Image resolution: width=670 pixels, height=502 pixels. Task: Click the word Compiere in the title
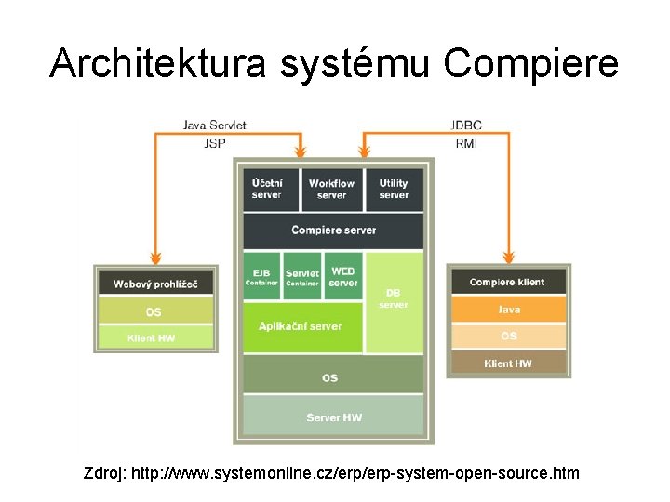(530, 63)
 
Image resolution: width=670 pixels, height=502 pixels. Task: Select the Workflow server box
(331, 190)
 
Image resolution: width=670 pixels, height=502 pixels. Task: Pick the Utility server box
(394, 190)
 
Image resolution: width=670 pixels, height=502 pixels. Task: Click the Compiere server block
(332, 231)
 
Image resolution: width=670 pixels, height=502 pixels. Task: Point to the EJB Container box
(261, 276)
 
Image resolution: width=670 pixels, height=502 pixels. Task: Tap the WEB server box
(343, 276)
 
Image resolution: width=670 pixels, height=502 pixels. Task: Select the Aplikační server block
(301, 327)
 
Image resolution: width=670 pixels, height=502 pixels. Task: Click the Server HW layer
(332, 417)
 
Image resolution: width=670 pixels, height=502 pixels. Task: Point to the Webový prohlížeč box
(156, 284)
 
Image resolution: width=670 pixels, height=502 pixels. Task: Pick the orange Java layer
(508, 310)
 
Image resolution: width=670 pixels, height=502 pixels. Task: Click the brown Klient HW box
(508, 363)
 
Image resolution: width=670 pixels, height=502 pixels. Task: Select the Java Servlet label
(216, 125)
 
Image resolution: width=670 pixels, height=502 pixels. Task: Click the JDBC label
(465, 125)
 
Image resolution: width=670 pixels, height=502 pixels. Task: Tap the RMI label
(466, 143)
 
